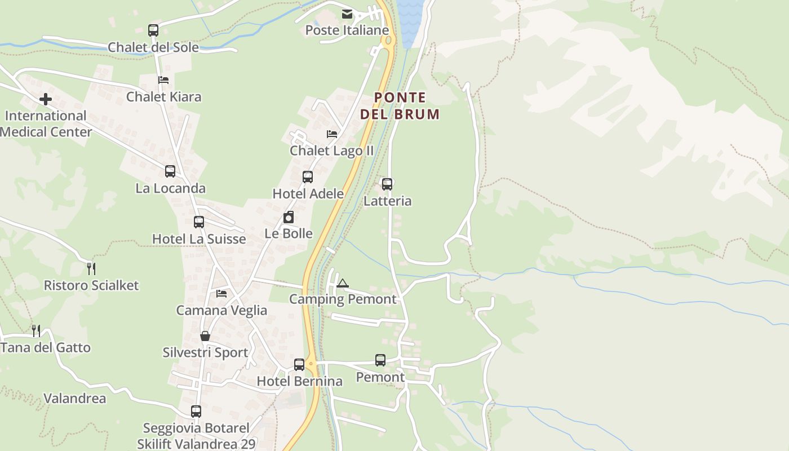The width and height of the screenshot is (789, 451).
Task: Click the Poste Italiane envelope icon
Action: pos(347,14)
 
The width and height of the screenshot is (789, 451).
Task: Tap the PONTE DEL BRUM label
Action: pos(400,106)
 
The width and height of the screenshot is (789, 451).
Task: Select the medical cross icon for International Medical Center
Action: pos(46,100)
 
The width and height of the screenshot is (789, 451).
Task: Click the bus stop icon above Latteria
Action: pos(387,184)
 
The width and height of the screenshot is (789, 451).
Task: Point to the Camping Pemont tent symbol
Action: pos(343,283)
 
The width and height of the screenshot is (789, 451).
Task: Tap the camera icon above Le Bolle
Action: pos(289,217)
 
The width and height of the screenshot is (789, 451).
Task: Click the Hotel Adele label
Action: pos(308,194)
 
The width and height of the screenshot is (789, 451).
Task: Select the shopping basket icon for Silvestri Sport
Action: pos(205,336)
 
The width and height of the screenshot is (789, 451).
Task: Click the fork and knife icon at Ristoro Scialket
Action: pos(91,268)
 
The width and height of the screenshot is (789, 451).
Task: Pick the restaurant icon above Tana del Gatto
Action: pos(36,330)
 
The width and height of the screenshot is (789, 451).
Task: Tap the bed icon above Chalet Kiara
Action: pos(163,80)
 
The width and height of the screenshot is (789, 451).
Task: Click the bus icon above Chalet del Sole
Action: pos(153,30)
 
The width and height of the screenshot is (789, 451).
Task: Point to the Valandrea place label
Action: pos(74,399)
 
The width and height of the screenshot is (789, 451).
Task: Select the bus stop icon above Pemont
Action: pos(380,360)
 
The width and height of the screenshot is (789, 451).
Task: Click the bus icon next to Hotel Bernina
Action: pos(299,365)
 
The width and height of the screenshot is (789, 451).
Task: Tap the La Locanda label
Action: pos(170,188)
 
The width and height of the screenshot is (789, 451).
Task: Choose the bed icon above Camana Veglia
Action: pos(221,294)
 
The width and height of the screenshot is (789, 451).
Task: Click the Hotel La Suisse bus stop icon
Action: pos(199,222)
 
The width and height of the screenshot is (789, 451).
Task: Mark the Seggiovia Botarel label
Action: pos(195,428)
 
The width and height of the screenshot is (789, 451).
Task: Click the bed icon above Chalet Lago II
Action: pos(332,134)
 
